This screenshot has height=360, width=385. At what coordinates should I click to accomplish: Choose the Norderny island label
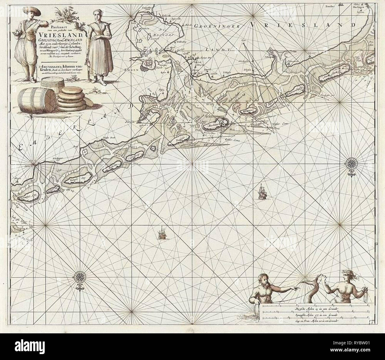(x=135, y=157)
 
